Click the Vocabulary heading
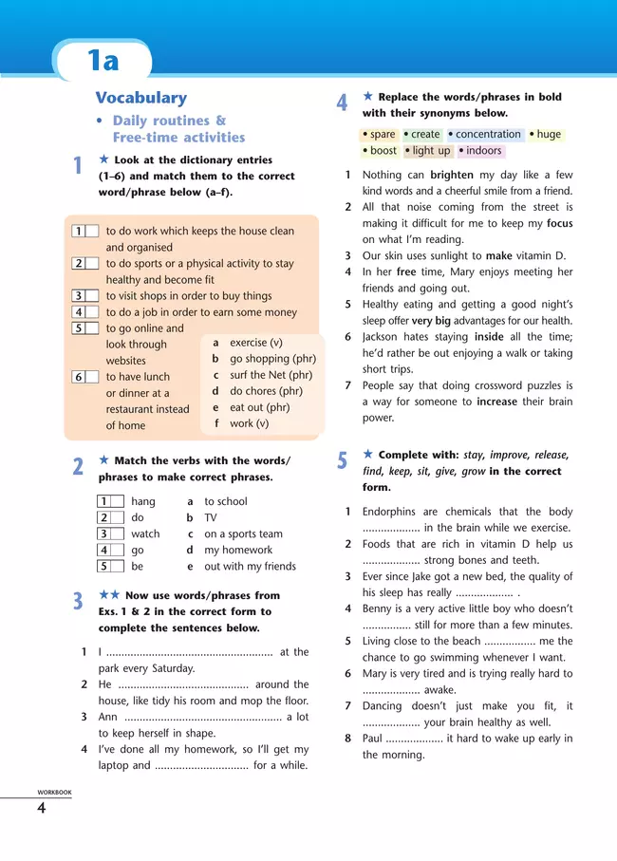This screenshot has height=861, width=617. (140, 98)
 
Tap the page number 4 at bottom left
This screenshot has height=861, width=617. (41, 808)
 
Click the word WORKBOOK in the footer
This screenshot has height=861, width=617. (54, 792)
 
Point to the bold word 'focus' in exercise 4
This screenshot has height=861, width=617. (559, 224)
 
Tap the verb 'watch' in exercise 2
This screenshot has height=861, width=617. (145, 533)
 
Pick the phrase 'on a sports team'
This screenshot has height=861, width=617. (243, 533)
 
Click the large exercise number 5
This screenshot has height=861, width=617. (343, 461)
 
